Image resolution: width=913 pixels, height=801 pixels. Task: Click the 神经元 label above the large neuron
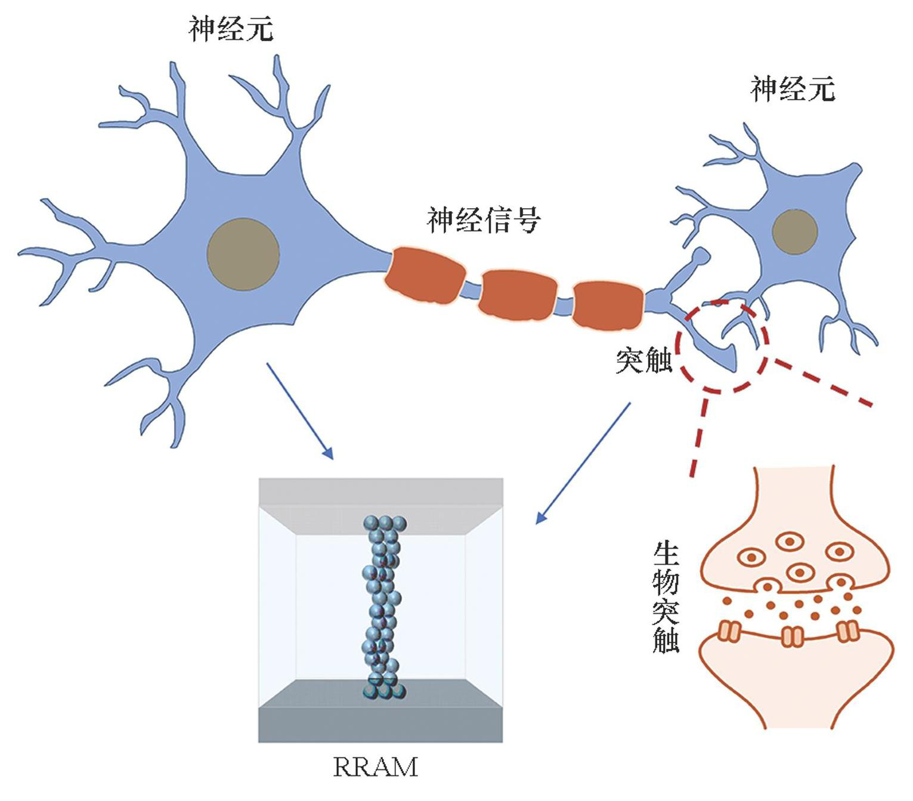point(231,29)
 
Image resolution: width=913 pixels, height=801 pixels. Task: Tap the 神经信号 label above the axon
point(484,219)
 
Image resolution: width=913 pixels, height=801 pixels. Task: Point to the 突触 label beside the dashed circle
point(643,360)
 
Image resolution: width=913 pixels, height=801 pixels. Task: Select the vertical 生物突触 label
point(666,596)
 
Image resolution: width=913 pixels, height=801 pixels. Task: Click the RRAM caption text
point(375,768)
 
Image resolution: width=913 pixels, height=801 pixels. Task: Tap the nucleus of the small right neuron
point(794,231)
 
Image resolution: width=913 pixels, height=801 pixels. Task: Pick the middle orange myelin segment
point(519,295)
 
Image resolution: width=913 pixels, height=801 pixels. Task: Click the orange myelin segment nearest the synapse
point(608,305)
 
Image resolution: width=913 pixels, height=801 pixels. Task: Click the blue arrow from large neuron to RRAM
point(299,411)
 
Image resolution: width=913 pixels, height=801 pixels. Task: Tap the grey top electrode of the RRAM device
point(380,493)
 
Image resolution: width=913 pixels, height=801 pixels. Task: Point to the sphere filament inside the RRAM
point(382,608)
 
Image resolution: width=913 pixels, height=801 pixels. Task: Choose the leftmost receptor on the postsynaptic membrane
point(729,631)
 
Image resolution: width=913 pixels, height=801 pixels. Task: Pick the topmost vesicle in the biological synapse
point(790,542)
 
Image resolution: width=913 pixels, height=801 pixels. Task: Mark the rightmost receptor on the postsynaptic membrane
point(847,631)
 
